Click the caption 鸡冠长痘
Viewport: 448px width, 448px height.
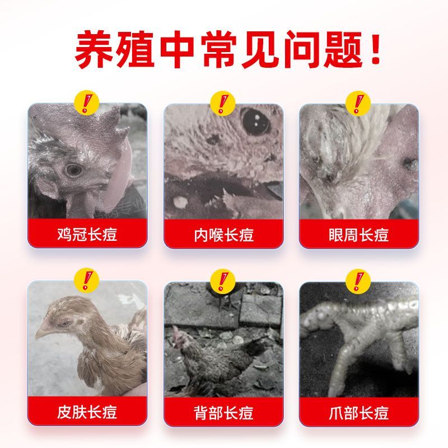tap(87, 234)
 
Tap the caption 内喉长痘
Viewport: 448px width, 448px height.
tap(223, 235)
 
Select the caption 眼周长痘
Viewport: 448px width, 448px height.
tap(358, 235)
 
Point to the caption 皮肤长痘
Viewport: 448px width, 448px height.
tap(87, 412)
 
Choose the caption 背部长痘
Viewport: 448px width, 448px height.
tap(223, 413)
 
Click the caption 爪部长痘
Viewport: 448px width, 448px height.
tap(358, 413)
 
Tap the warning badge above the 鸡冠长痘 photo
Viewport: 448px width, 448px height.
tap(87, 103)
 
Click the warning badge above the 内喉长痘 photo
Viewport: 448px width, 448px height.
tap(222, 104)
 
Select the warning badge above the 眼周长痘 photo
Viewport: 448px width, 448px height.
tap(358, 104)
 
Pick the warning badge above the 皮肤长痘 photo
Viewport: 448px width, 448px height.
tap(87, 281)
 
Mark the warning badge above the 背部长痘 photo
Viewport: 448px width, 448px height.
tap(222, 281)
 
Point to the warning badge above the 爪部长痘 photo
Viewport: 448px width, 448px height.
tap(358, 281)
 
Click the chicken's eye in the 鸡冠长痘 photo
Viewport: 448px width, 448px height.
tap(74, 170)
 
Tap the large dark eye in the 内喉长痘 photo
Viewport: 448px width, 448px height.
tap(256, 122)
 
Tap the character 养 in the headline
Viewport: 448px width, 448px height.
tap(94, 50)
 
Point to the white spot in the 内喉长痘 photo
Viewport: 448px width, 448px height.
tap(180, 202)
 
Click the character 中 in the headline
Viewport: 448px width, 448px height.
tap(177, 50)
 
